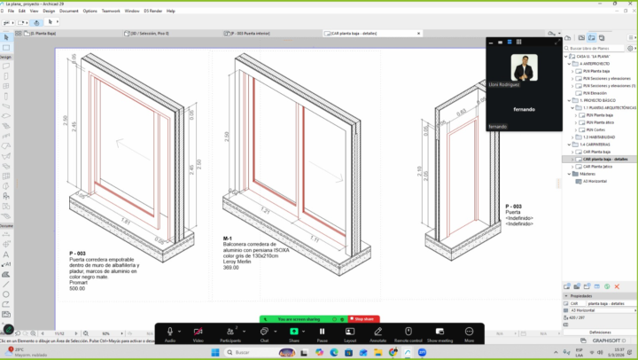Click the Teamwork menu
coord(111,11)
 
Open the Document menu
coord(67,11)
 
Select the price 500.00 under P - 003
coord(78,288)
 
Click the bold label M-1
coord(228,239)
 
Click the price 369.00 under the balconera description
coord(231,267)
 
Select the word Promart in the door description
coord(78,283)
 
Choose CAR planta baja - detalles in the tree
coord(606,159)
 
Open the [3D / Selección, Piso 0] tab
coord(150,34)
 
